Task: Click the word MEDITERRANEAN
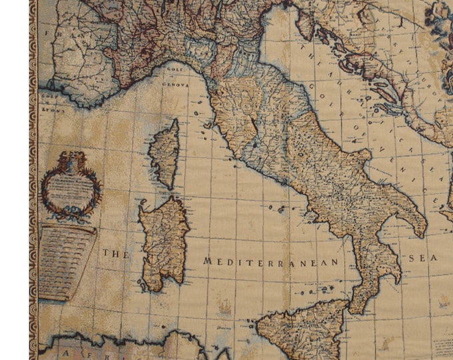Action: click(x=271, y=262)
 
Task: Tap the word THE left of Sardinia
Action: click(x=114, y=254)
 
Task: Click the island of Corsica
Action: click(x=164, y=154)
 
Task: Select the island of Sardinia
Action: click(x=162, y=243)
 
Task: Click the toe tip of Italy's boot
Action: click(x=354, y=308)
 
